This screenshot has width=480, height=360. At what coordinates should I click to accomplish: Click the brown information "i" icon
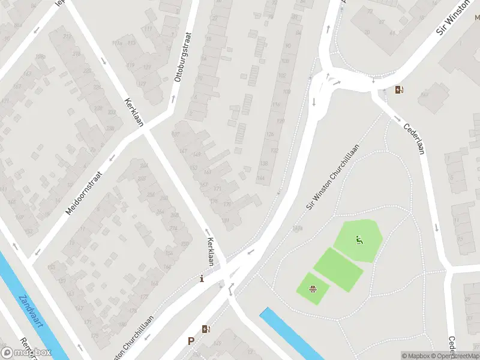(202, 278)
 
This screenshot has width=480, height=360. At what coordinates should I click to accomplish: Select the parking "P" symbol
(191, 341)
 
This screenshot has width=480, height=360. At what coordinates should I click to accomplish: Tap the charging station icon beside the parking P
(206, 329)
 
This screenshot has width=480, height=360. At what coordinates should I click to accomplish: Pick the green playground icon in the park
(359, 241)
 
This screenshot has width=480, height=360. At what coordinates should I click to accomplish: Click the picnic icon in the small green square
(313, 290)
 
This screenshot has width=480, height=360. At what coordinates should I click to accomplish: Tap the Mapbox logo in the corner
(26, 353)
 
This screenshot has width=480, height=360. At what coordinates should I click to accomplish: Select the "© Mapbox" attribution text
(416, 356)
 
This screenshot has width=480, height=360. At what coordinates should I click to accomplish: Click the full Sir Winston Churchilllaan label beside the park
(334, 176)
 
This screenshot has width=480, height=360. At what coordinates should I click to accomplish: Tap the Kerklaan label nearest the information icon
(211, 251)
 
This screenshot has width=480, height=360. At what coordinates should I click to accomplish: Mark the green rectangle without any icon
(338, 269)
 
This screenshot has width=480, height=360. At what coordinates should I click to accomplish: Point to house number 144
(262, 178)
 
